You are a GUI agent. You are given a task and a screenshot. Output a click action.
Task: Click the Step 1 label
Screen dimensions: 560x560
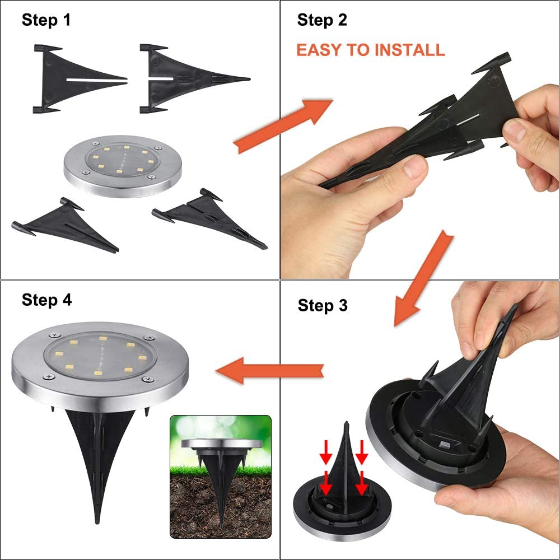point(46,21)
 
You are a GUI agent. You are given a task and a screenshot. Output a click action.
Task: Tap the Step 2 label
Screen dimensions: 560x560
point(322,21)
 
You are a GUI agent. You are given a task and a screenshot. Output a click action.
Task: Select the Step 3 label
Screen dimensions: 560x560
point(323,305)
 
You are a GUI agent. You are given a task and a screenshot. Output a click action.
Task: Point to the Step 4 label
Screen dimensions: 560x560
point(47,300)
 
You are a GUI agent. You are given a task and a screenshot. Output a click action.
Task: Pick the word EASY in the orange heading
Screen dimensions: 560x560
point(320,50)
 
